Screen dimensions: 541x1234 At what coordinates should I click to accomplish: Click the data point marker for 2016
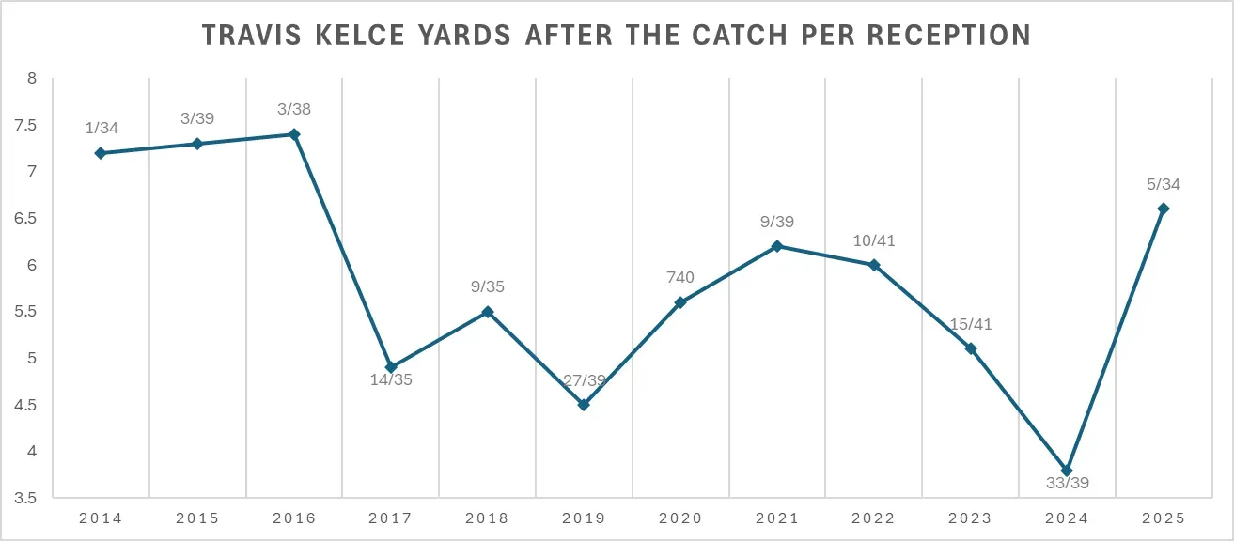tap(294, 134)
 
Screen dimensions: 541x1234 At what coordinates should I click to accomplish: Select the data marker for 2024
tap(1067, 471)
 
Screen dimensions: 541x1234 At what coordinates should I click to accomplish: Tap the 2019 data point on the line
tap(584, 405)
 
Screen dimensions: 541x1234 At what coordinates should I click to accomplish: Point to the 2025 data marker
tap(1164, 209)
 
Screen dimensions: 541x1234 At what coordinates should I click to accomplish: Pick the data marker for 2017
tap(391, 367)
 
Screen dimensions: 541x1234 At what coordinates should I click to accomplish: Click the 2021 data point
tap(777, 246)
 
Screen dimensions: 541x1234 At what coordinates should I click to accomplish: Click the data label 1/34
tap(101, 128)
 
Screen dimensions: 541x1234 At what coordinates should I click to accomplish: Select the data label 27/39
tap(584, 380)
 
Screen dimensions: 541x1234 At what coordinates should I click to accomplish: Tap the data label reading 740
tap(680, 277)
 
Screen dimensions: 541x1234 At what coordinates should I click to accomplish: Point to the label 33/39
tap(1067, 485)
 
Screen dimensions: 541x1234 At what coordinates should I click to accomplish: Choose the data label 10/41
tap(874, 240)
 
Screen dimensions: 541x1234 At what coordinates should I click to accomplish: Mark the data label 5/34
tap(1164, 184)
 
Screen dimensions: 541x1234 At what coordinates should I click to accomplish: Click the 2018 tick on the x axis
tap(487, 518)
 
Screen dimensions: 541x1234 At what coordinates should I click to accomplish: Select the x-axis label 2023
tap(970, 518)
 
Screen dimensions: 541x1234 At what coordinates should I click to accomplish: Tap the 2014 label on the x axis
tap(101, 518)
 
